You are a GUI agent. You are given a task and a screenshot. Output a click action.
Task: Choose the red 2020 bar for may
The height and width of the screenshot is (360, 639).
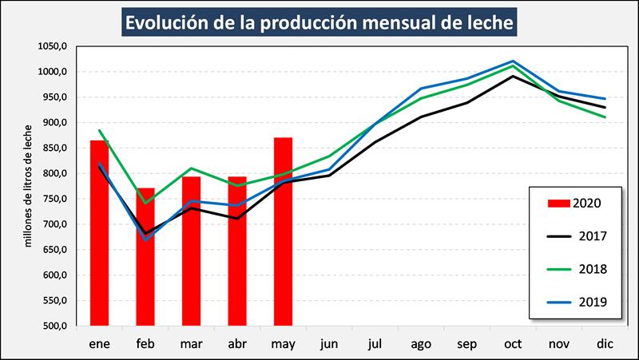[x=283, y=231]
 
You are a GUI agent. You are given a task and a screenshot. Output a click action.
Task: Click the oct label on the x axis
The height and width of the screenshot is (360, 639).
[x=513, y=343]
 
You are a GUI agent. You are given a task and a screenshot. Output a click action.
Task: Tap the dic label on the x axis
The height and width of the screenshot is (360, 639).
[x=604, y=343]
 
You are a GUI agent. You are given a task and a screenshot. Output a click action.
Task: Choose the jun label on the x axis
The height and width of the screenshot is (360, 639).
[x=329, y=343]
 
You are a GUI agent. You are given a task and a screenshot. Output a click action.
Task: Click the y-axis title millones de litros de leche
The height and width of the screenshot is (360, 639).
[x=27, y=185]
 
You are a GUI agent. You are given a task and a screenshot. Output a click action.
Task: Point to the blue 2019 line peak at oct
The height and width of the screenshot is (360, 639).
[x=513, y=61]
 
